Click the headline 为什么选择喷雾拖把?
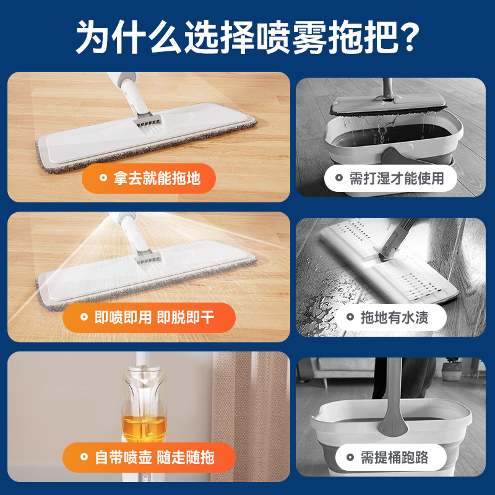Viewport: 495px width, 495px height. point(247,37)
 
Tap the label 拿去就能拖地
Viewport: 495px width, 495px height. point(149,179)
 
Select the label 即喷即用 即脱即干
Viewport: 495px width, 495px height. point(148,318)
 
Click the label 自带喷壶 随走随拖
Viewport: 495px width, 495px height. point(148,457)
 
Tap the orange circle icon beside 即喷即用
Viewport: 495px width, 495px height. point(80,318)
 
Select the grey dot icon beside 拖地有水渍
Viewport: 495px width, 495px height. point(348,318)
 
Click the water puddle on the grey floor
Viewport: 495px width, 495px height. point(322,303)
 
